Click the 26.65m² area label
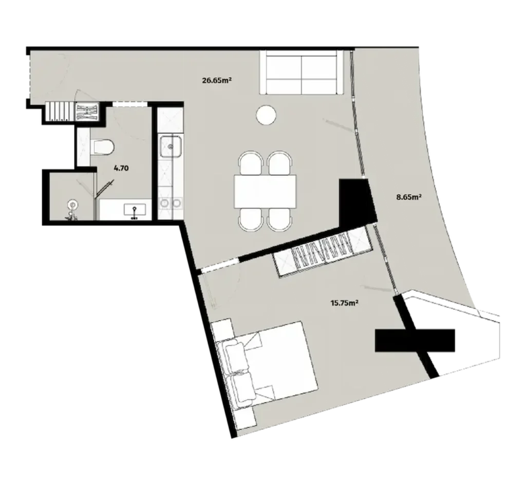[x=216, y=80]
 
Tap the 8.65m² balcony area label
[x=409, y=196]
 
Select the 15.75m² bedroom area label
[x=344, y=303]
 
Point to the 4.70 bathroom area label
[x=121, y=167]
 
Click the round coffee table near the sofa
[x=266, y=115]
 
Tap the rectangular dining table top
[x=266, y=191]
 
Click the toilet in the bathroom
[x=101, y=147]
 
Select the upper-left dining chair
[x=251, y=163]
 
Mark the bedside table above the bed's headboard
[x=222, y=329]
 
